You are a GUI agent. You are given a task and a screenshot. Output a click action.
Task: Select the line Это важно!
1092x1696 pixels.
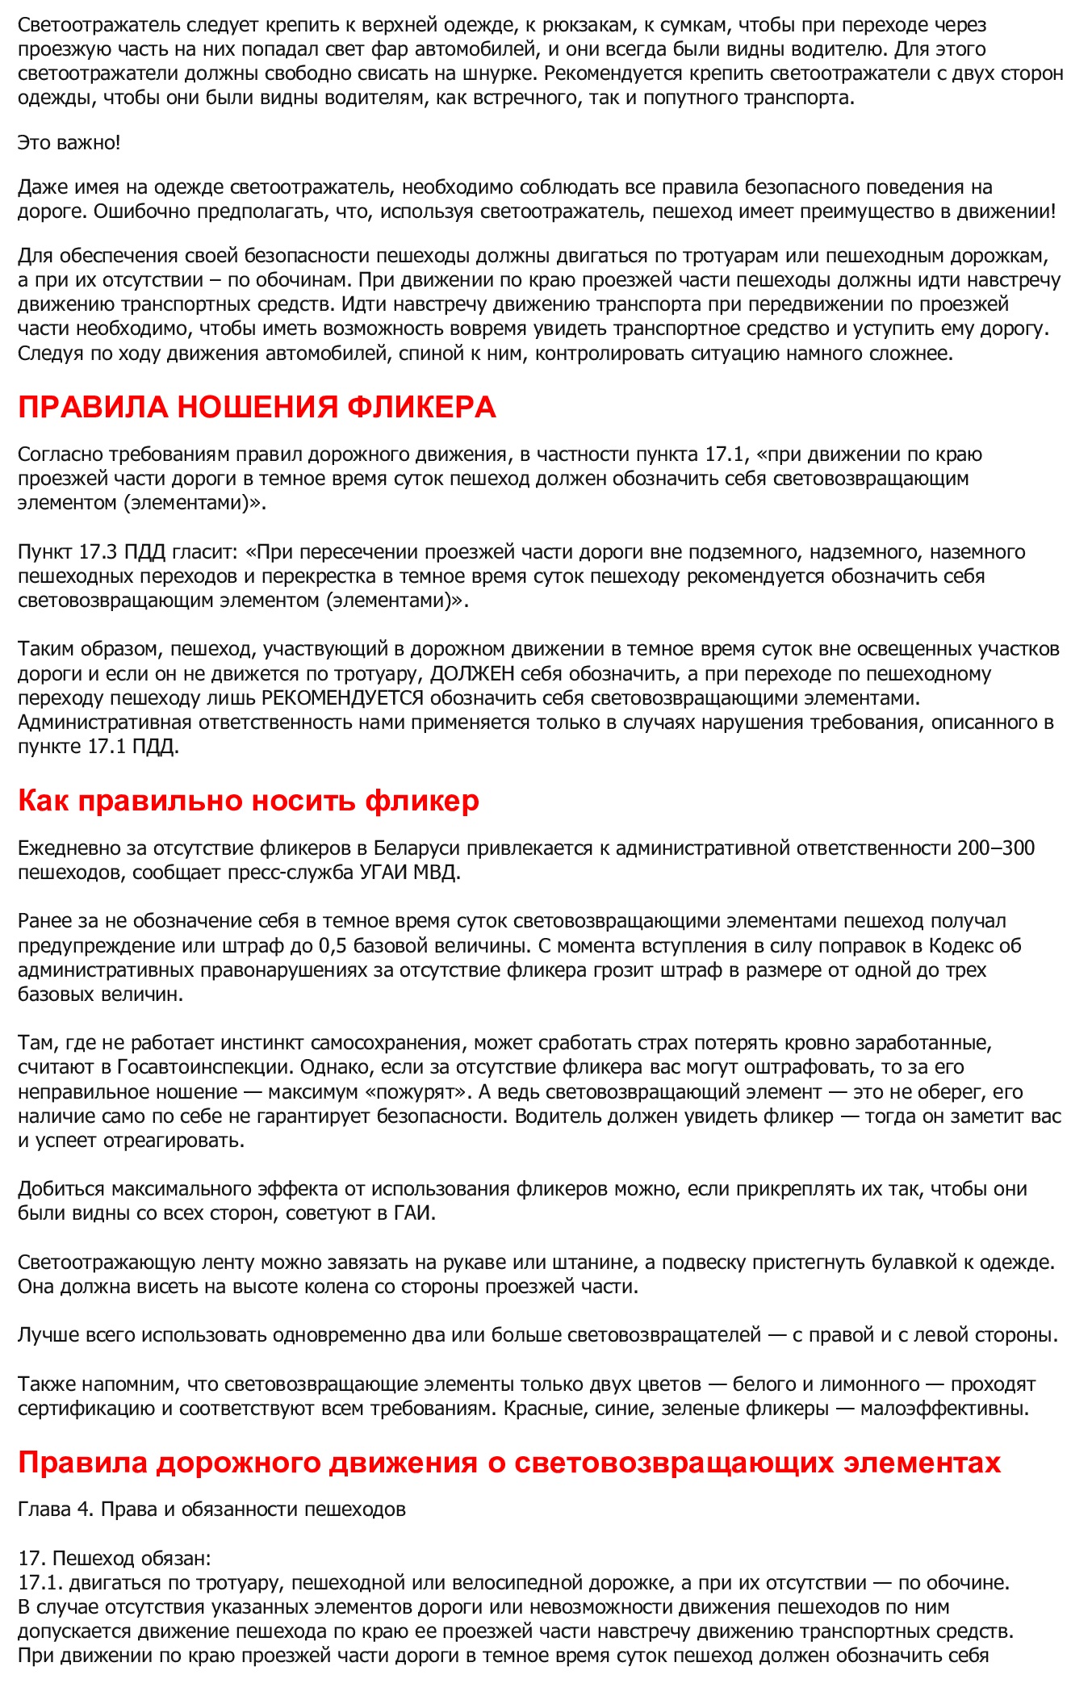coord(69,143)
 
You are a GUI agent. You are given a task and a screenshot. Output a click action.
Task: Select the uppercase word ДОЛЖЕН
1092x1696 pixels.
coord(467,674)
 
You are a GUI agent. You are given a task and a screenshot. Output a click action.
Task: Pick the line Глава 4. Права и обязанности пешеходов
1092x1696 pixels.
coord(211,1510)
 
